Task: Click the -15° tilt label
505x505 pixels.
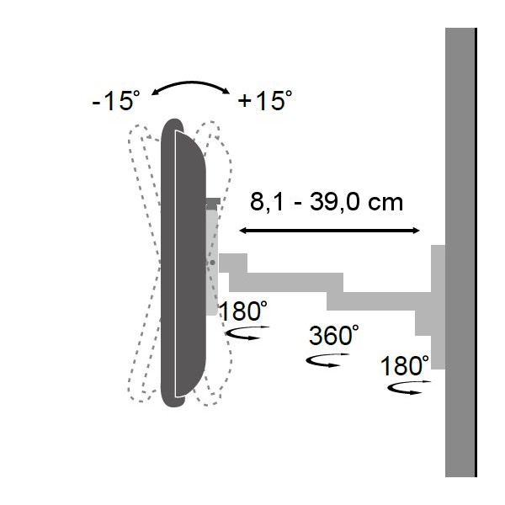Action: (116, 100)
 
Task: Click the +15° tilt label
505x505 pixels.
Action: (265, 100)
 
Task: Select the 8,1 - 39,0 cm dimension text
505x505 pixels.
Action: (327, 202)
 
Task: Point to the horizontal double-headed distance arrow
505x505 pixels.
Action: (329, 231)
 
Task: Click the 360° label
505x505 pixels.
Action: (333, 335)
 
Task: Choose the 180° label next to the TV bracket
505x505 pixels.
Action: (243, 311)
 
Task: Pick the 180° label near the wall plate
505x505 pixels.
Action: (405, 366)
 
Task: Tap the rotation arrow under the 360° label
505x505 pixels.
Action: (327, 360)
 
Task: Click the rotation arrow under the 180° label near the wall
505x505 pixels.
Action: (408, 387)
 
